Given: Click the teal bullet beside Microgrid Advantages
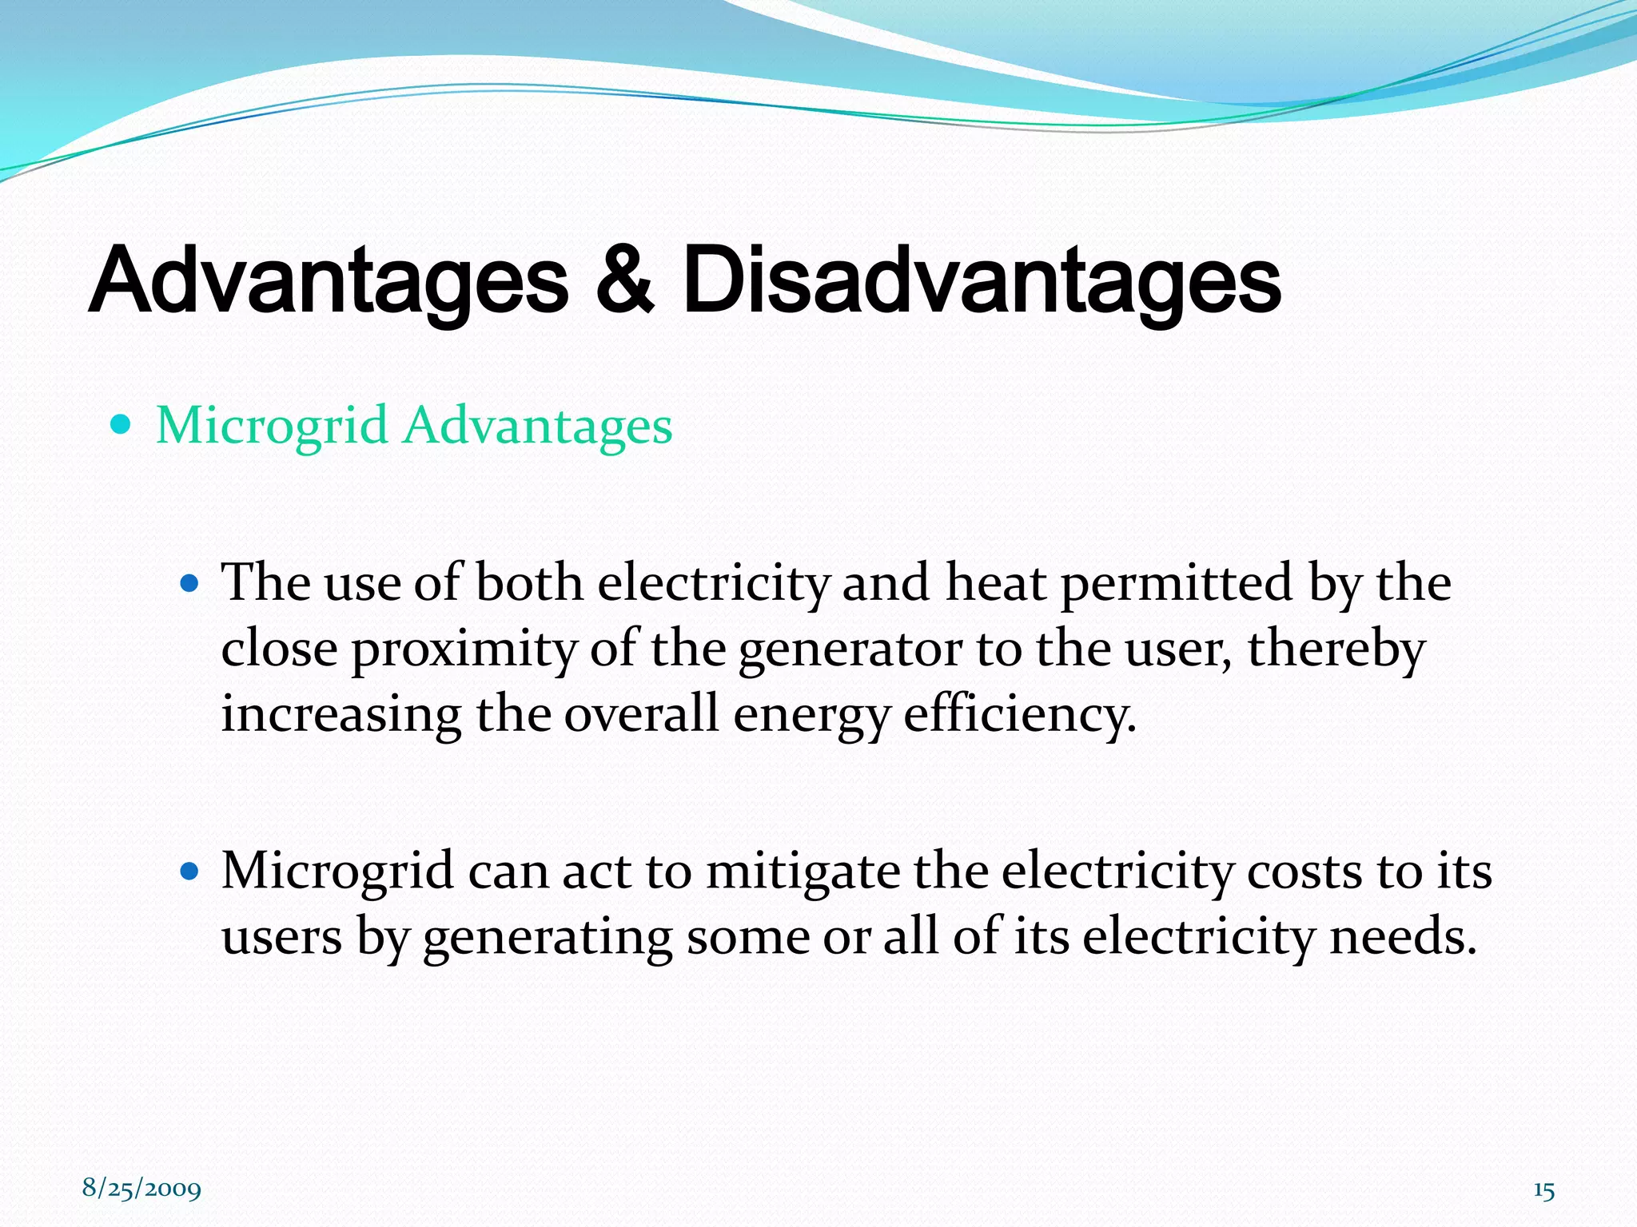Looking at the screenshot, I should point(120,424).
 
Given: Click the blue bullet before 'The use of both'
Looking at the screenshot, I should point(189,584).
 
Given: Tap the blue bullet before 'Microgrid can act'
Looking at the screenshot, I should point(189,871).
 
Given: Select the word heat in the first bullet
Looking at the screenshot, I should point(995,582).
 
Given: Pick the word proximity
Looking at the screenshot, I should point(464,649).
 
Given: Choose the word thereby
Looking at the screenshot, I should point(1336,649).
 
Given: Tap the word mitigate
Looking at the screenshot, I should point(803,871).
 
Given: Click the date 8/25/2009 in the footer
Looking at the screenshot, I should point(141,1189).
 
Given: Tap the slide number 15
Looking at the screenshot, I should point(1543,1190).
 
